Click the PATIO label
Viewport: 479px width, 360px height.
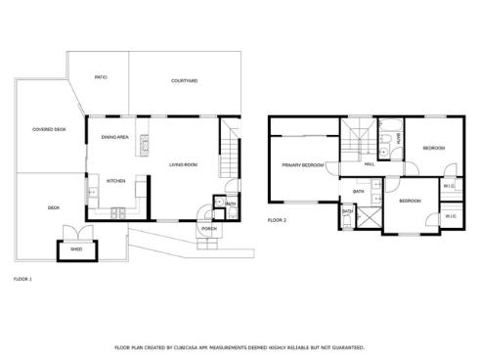101,77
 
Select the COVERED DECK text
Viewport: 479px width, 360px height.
48,129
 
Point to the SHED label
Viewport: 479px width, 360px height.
76,249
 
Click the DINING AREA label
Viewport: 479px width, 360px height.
115,137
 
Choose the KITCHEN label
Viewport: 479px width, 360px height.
115,181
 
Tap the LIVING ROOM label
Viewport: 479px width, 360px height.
183,164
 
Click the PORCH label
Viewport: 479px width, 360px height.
208,229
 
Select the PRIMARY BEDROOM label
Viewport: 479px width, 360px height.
303,165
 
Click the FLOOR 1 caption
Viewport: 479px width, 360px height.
22,280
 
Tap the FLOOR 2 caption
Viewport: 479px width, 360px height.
277,221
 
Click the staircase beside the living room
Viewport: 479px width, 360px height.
229,152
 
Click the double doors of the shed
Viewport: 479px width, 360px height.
76,233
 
